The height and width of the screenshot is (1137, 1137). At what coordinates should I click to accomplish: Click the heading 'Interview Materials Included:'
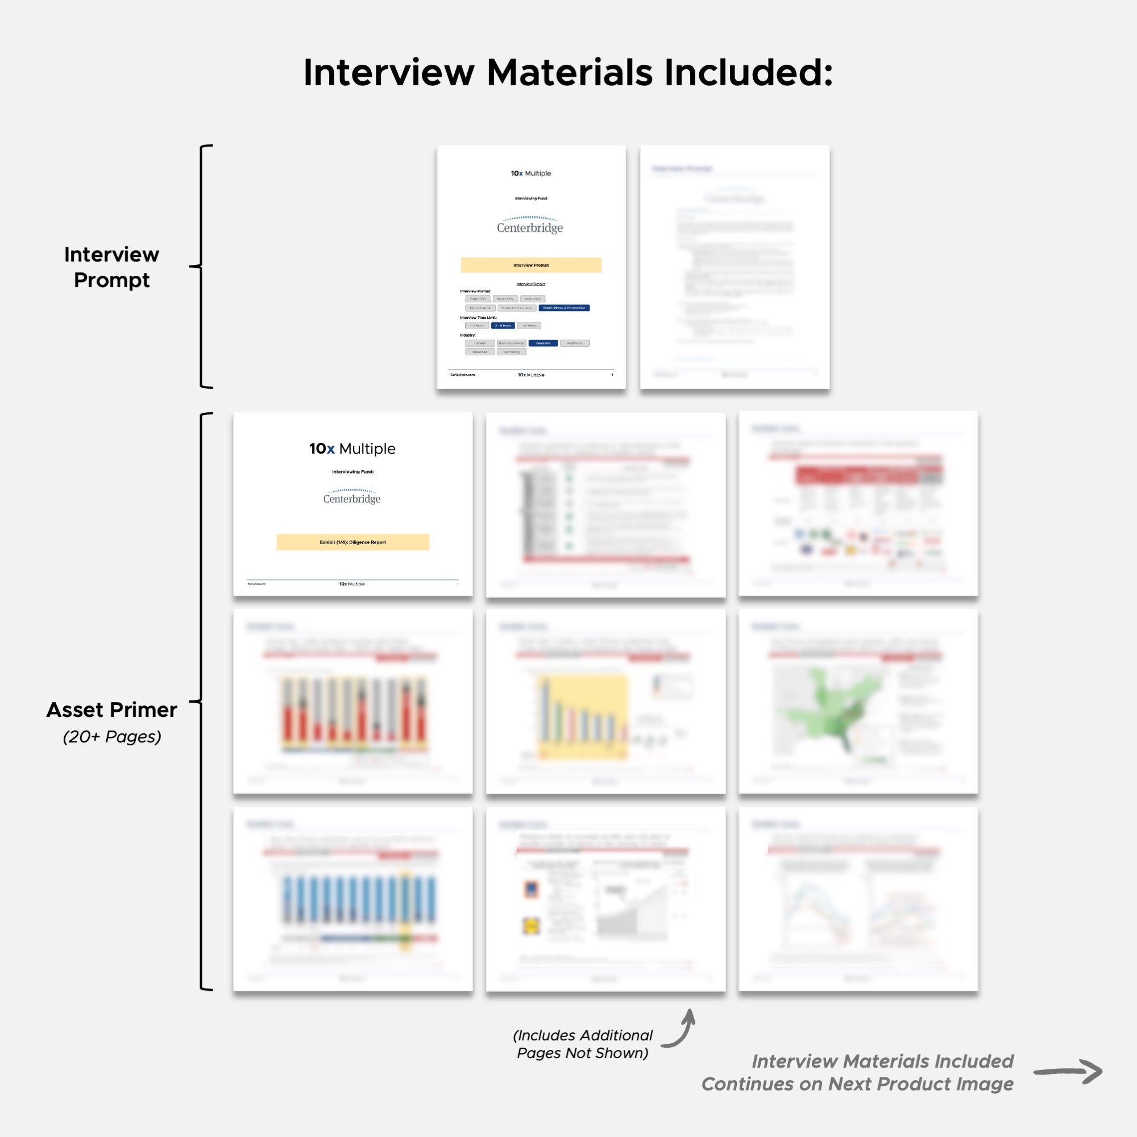tap(568, 73)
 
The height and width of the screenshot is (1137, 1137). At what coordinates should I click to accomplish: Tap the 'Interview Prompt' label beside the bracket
tap(112, 267)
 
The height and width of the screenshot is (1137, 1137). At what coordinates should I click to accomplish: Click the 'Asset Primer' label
tap(112, 709)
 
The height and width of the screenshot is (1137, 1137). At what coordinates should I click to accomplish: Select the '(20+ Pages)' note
tap(112, 737)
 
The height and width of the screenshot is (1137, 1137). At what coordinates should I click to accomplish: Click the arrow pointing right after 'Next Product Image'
tap(1068, 1071)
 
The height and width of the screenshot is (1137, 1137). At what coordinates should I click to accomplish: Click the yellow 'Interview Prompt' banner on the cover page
tap(531, 265)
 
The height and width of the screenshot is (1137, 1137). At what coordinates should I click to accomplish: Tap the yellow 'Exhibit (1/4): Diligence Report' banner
tap(352, 542)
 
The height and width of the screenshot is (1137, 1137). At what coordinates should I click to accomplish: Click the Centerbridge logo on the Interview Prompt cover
tap(530, 225)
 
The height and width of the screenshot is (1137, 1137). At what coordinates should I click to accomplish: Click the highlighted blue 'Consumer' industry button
tap(542, 343)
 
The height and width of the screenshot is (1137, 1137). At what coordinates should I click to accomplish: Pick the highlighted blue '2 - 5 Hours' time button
tap(503, 325)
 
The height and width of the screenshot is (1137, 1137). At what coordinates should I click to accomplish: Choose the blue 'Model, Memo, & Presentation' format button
tap(564, 308)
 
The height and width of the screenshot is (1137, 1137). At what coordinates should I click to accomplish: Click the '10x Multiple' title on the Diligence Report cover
tap(352, 449)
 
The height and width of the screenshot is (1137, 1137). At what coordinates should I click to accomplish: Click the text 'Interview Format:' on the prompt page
tap(475, 291)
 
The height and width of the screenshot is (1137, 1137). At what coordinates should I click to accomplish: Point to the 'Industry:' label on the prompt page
tap(468, 335)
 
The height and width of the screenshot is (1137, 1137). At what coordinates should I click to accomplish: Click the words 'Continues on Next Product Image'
tap(857, 1084)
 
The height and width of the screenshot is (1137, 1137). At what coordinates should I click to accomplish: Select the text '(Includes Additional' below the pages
tap(583, 1035)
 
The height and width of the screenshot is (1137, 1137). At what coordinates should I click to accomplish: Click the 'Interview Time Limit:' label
tap(478, 317)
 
